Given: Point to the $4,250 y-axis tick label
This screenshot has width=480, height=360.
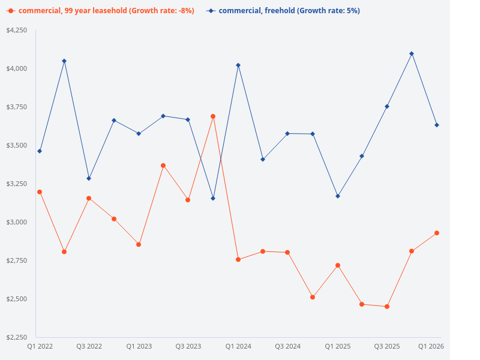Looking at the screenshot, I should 17,30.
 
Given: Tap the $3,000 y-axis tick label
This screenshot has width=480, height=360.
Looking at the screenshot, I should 17,222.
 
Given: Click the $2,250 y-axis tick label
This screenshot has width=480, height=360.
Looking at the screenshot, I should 17,337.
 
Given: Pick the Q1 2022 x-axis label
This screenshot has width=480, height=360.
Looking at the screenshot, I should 40,346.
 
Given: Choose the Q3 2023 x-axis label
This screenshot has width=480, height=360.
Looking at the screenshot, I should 188,346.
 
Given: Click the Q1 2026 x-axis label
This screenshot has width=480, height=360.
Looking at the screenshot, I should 431,346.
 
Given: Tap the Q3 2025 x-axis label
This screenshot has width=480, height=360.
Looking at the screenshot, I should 387,346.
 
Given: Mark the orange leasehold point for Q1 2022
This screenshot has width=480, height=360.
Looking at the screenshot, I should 40,192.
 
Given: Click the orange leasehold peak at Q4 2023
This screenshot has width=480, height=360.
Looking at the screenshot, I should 213,116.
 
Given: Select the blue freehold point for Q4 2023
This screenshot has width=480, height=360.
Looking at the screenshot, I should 213,198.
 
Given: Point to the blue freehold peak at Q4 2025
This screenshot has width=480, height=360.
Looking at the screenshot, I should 412,53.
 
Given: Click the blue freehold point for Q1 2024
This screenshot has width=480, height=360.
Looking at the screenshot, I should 238,65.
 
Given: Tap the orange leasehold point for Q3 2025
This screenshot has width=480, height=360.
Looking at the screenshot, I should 387,307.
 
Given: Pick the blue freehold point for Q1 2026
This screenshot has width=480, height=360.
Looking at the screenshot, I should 437,125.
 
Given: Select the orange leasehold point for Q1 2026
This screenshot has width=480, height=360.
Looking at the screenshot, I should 437,233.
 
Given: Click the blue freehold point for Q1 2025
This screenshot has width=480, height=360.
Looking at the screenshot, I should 338,196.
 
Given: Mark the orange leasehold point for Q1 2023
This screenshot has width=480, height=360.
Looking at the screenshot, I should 139,244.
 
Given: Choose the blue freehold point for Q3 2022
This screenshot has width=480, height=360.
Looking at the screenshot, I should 89,178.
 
